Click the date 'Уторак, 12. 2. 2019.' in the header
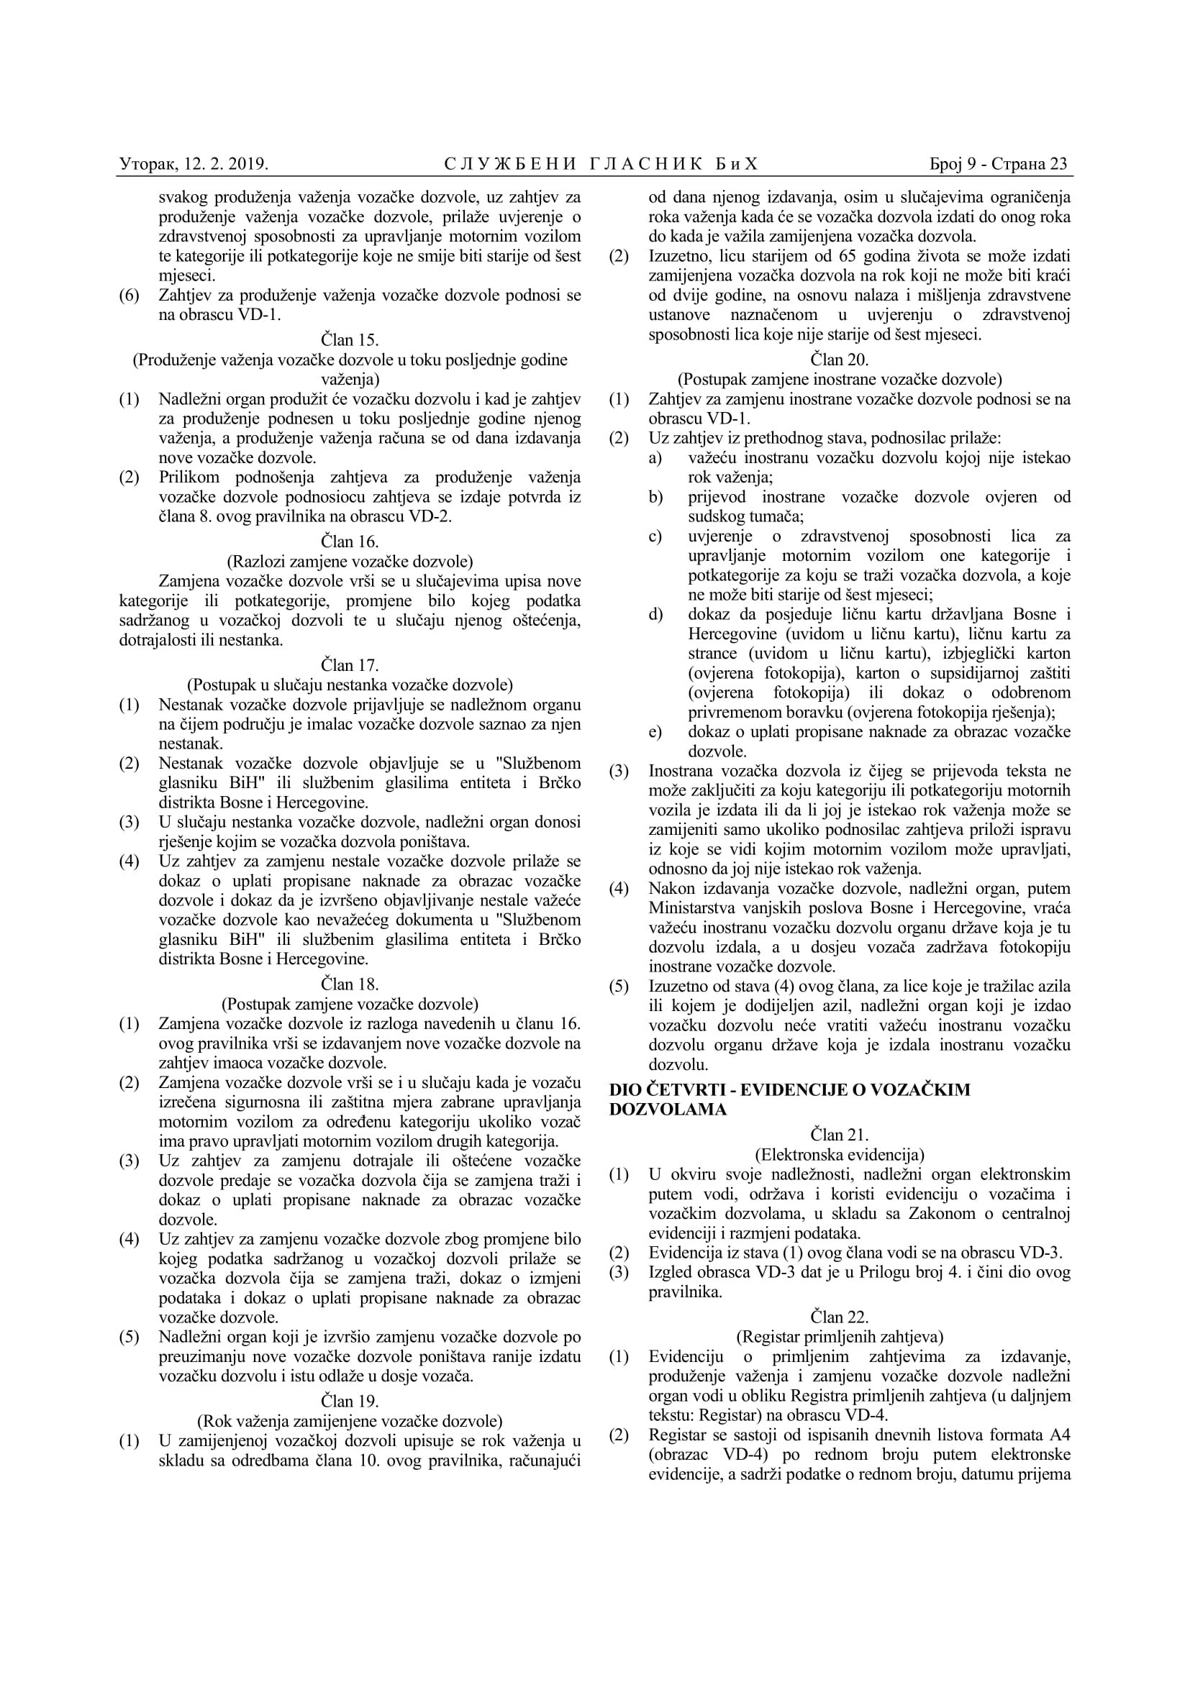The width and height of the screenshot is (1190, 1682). coord(194,164)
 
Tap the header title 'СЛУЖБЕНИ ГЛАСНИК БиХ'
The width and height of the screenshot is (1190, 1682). coord(601,164)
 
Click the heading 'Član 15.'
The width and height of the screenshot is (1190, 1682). coord(350,340)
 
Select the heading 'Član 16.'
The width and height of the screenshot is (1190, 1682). coord(350,541)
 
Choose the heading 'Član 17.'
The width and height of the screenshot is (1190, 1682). coord(350,665)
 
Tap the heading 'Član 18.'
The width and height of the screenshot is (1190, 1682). coord(350,984)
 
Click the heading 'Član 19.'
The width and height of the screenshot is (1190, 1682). coord(350,1402)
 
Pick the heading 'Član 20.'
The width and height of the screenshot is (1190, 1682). coord(840,360)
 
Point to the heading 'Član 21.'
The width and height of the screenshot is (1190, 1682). coord(840,1135)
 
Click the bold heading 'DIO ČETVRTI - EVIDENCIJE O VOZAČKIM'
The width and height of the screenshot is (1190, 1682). coord(790,1090)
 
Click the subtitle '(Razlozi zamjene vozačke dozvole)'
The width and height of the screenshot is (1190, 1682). coord(350,561)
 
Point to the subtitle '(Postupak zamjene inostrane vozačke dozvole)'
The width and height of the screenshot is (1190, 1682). coord(840,380)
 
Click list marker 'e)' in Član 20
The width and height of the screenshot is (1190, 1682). coord(654,732)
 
